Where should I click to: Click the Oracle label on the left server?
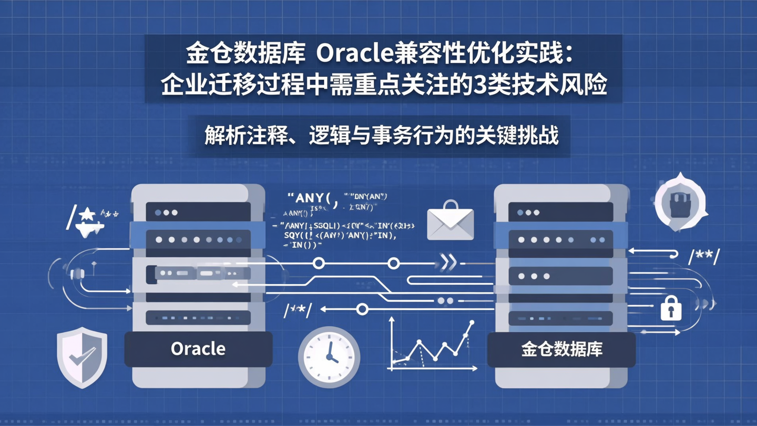(198, 348)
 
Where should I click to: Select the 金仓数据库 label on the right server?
(561, 349)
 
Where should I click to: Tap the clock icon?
(329, 357)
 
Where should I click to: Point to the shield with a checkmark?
(82, 357)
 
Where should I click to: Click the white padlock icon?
(671, 308)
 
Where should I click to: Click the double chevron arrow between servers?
(448, 263)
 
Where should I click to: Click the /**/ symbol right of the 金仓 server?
(703, 258)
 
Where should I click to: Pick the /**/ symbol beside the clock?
(298, 310)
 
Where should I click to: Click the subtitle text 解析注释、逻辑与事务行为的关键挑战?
(381, 136)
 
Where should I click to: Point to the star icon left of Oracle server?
(87, 215)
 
